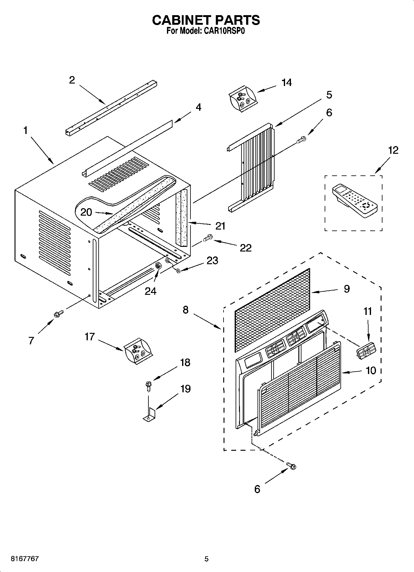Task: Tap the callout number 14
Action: (x=287, y=83)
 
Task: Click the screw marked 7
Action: (x=58, y=314)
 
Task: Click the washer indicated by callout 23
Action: (x=178, y=270)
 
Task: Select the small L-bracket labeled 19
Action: (x=150, y=414)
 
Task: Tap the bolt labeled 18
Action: (x=148, y=386)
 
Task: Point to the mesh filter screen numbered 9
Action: (x=272, y=309)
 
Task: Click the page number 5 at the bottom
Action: (x=207, y=559)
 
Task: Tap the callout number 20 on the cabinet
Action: (x=86, y=212)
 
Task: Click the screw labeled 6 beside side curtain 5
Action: (x=301, y=139)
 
